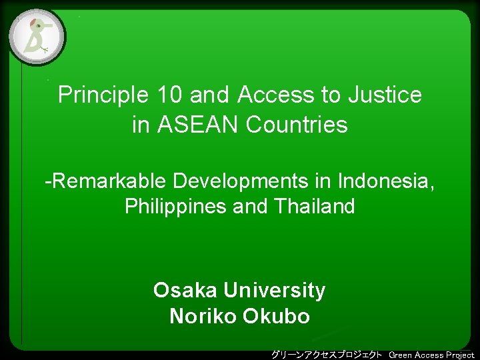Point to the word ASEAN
(x=199, y=125)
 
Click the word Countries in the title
(x=297, y=125)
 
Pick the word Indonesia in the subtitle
(x=387, y=181)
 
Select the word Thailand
(x=313, y=207)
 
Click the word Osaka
(x=185, y=291)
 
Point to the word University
(x=275, y=291)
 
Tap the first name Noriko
(x=203, y=316)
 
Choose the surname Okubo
(x=277, y=316)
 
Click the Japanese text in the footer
(x=326, y=355)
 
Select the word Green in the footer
(x=401, y=355)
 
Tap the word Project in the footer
(x=460, y=355)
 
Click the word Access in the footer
(x=429, y=355)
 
